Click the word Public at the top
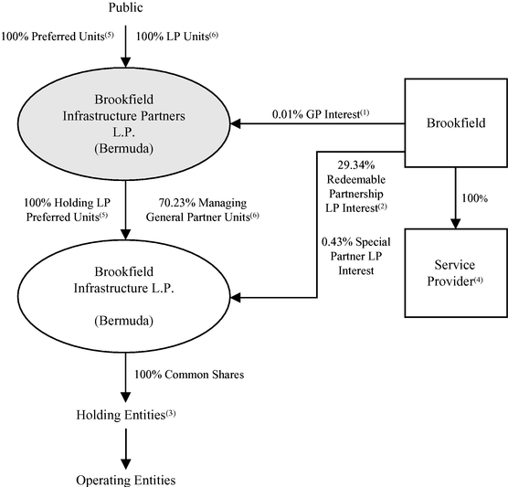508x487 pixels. click(x=125, y=7)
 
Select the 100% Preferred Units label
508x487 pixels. click(x=58, y=37)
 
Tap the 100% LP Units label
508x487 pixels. click(x=177, y=37)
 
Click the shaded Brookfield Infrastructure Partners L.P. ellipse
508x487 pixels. click(x=124, y=123)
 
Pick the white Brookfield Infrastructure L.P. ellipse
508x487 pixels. click(x=124, y=296)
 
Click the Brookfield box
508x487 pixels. click(x=456, y=122)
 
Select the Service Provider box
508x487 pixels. click(x=456, y=273)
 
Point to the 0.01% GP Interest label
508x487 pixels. click(x=321, y=114)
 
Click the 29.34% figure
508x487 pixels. click(x=356, y=165)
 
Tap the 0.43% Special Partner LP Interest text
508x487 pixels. click(x=356, y=256)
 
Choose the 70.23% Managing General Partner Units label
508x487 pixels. click(x=203, y=210)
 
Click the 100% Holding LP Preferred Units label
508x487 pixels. click(x=67, y=210)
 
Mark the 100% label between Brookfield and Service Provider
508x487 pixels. click(x=474, y=198)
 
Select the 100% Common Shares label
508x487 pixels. click(x=189, y=375)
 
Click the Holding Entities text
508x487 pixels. click(x=126, y=415)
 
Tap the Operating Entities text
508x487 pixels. click(x=126, y=481)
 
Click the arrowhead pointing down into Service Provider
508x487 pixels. click(x=456, y=224)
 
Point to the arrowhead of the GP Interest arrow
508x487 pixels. click(x=235, y=123)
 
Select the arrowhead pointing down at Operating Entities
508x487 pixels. click(x=126, y=464)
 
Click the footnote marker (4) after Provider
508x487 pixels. click(x=478, y=280)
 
